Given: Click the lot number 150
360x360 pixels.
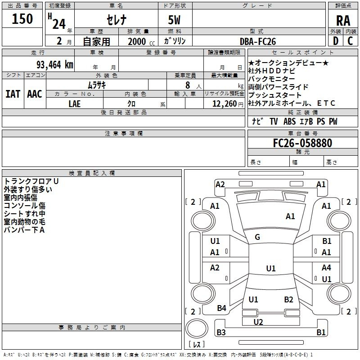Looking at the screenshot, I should point(22,19).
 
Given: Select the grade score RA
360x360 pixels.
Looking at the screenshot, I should point(343,21).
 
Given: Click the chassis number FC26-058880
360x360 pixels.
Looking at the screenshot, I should point(302,143).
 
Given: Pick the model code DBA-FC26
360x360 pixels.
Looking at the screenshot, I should point(258,41).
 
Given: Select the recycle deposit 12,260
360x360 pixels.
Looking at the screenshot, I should point(223,103).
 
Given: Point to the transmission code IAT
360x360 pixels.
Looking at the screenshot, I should point(13,94).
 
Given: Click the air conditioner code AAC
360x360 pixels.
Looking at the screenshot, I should point(35,94).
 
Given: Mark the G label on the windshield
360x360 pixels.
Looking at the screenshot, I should point(257,237).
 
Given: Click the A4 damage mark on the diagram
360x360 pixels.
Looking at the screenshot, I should point(326,268).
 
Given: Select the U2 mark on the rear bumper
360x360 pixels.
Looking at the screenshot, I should point(258,322).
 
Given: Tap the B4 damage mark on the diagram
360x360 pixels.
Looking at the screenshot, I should point(221,308).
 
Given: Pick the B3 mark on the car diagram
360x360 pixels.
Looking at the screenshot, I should point(221,333).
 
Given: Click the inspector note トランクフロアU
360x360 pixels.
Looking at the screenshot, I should point(31,181).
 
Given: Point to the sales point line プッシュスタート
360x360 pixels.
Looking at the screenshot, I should point(275,95).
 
